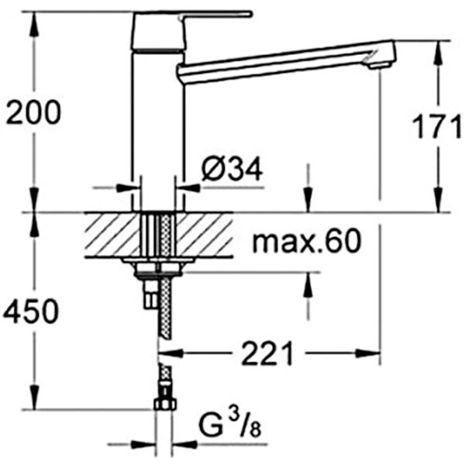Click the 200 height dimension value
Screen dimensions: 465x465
[33, 114]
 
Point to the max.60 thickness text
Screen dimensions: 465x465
[307, 243]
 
